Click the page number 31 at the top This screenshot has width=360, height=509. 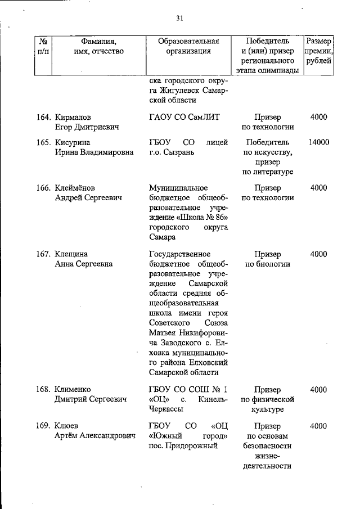[180, 18]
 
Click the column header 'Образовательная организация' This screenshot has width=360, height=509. [188, 46]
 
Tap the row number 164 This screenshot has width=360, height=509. [44, 118]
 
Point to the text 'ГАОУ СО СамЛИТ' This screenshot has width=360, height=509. [184, 118]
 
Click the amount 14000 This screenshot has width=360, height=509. [318, 143]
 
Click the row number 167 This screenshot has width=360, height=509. [44, 254]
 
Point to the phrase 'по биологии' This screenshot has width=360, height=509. [268, 264]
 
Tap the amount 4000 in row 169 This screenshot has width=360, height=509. [318, 426]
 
